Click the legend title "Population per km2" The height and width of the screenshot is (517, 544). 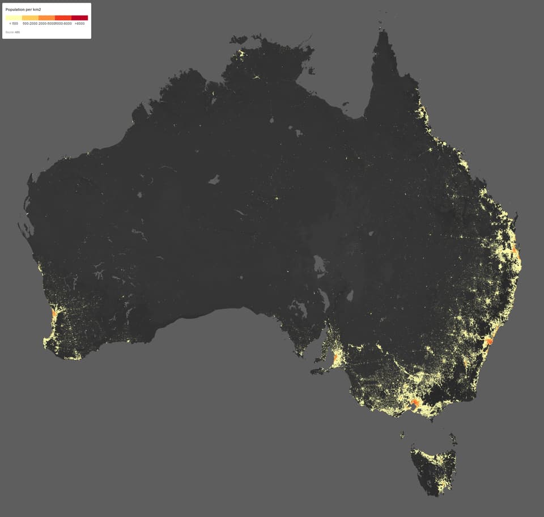tap(23, 10)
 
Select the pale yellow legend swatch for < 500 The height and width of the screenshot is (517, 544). tap(14, 18)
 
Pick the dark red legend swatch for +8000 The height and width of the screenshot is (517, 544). tap(80, 18)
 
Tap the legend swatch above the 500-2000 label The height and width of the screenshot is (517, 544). tap(30, 18)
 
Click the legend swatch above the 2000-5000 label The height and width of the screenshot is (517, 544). tap(46, 18)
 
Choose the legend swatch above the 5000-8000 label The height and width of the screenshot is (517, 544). tap(63, 18)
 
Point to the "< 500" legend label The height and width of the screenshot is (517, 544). tap(14, 24)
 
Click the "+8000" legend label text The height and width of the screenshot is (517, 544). tap(79, 24)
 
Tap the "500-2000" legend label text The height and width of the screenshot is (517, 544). tap(30, 24)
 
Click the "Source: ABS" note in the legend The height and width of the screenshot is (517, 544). tap(12, 32)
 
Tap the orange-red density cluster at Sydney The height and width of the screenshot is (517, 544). tap(490, 341)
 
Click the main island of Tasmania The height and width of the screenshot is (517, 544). tap(434, 468)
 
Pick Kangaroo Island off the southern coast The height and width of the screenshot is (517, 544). tap(318, 371)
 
